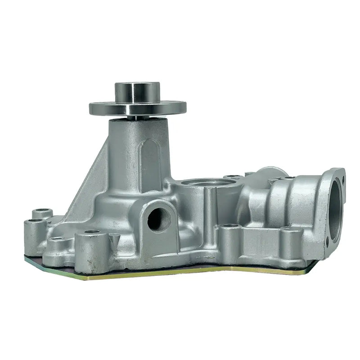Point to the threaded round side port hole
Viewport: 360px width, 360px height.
156,218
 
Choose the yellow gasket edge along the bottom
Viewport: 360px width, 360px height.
180,274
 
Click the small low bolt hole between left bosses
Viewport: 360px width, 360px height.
56,240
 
